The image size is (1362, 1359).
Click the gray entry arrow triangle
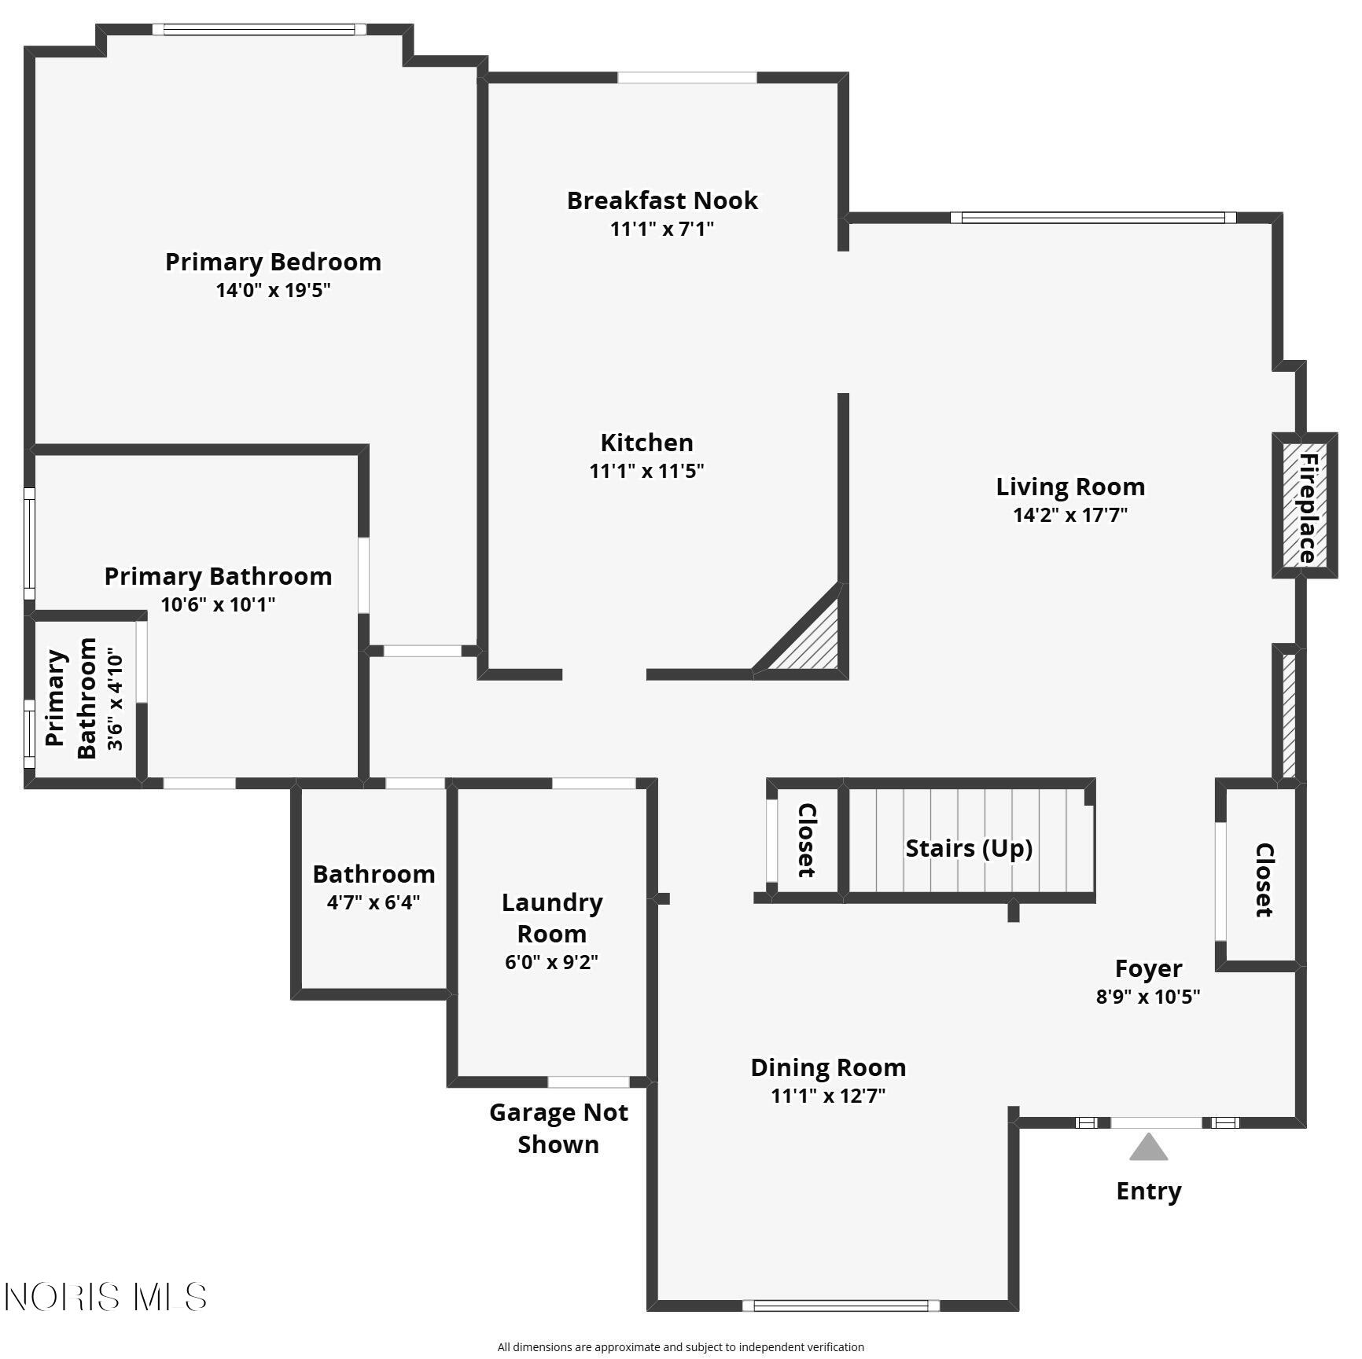click(x=1148, y=1148)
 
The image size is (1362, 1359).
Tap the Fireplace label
click(x=1307, y=508)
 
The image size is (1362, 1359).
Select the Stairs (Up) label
click(x=969, y=848)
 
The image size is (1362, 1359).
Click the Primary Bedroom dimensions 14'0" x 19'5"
click(x=273, y=290)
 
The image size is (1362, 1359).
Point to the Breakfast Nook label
click(x=662, y=200)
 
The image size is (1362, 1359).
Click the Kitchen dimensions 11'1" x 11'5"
click(x=646, y=471)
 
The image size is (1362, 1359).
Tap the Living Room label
click(x=1070, y=487)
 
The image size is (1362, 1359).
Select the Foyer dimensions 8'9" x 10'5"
click(x=1148, y=997)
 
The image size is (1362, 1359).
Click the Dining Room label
click(x=828, y=1067)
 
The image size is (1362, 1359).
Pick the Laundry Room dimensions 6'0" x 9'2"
click(x=551, y=962)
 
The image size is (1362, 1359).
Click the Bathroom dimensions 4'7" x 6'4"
click(x=374, y=902)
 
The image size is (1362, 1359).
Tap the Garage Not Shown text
click(x=558, y=1128)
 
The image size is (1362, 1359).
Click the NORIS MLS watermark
click(x=105, y=1296)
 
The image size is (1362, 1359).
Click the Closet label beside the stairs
click(x=807, y=839)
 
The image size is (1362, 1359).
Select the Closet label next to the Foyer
click(x=1264, y=880)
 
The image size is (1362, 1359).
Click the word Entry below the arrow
click(x=1149, y=1192)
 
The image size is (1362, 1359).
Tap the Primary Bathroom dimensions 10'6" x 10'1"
click(x=218, y=604)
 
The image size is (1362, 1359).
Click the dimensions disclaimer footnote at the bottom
click(x=681, y=1347)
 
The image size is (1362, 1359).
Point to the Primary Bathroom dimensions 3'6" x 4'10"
click(x=116, y=700)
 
